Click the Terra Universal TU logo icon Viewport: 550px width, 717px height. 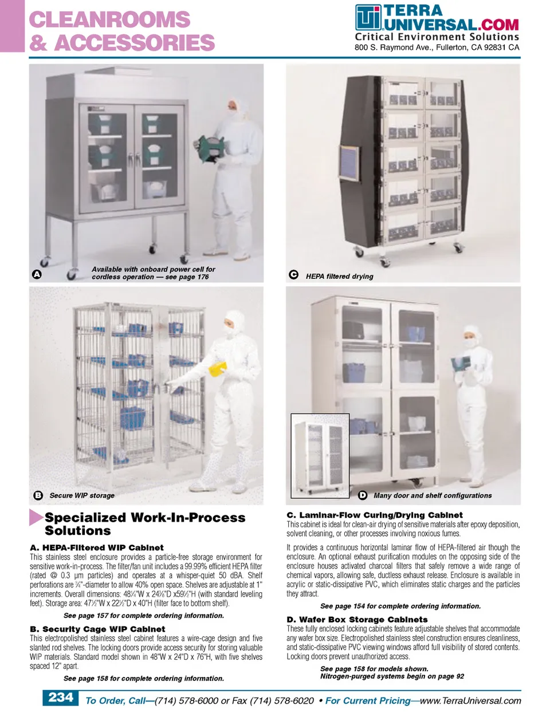[x=368, y=17]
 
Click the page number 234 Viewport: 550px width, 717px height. [x=61, y=698]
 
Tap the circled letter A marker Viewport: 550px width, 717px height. [x=37, y=274]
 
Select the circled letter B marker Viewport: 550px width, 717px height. [x=38, y=495]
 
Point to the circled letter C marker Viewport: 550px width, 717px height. [x=293, y=275]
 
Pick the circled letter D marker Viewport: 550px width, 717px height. [x=363, y=495]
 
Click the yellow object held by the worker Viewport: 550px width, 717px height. [x=217, y=370]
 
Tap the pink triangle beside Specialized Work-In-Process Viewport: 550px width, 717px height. [x=36, y=517]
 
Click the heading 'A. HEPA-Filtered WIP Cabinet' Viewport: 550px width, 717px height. [x=97, y=547]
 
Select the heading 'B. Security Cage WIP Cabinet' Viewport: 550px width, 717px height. [x=97, y=629]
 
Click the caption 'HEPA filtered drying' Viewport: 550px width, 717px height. [x=339, y=276]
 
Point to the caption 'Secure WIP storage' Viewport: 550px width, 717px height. [x=82, y=495]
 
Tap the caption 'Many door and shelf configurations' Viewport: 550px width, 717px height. [x=433, y=495]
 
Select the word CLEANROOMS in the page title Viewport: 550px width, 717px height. [x=109, y=19]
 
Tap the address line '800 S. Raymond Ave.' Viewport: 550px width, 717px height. [x=394, y=48]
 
